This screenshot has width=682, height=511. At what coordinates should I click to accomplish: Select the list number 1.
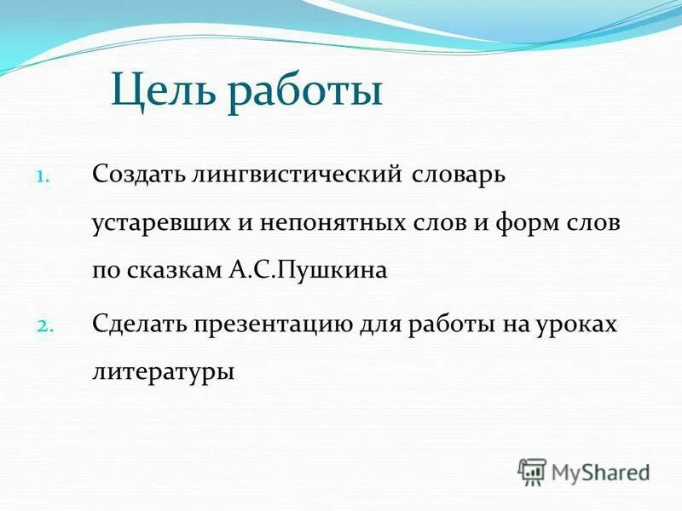click(43, 178)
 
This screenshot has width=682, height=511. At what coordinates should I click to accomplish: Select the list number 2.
click(45, 325)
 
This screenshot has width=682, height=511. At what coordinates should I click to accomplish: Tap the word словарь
click(460, 175)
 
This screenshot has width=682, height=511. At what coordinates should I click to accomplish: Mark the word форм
click(535, 223)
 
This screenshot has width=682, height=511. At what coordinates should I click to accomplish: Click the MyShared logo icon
click(532, 472)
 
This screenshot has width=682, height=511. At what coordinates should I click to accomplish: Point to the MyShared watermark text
click(600, 472)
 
